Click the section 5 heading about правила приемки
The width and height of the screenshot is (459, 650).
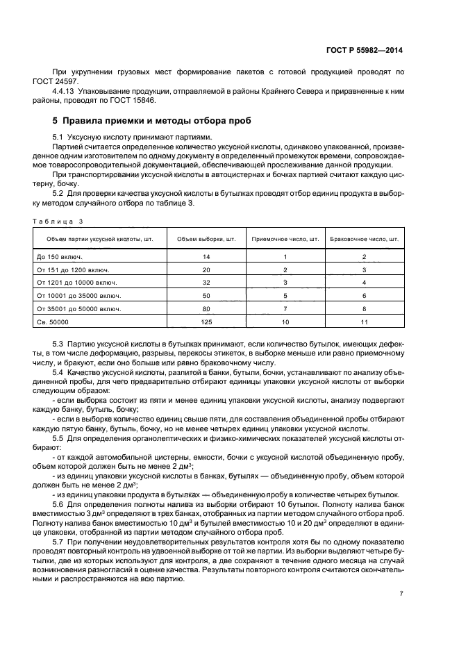tap(152, 121)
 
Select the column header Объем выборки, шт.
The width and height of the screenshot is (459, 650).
tap(206, 239)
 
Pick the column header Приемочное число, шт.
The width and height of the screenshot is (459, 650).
tap(285, 239)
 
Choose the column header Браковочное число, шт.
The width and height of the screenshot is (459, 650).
tap(364, 239)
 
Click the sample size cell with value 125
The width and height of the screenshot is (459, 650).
tap(206, 322)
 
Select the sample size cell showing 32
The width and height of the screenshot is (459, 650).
tap(206, 283)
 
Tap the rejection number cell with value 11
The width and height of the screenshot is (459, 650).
tap(364, 322)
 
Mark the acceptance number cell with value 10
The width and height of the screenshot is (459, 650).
tap(285, 322)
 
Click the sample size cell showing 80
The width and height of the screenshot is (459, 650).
tap(206, 309)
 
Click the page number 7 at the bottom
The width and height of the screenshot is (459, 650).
tap(401, 593)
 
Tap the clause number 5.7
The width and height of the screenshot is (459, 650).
tap(58, 541)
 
